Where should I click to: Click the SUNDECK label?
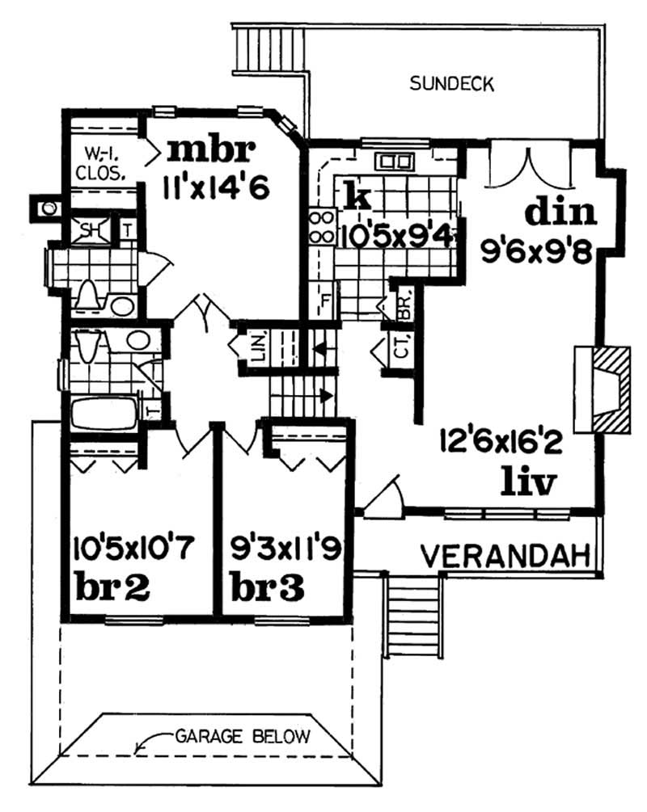[x=451, y=83]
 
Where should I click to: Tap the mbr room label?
[x=212, y=150]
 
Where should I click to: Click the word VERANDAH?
[x=505, y=555]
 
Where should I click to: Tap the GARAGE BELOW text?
[x=243, y=736]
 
